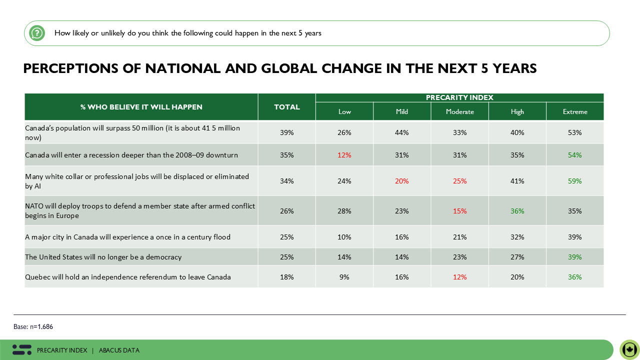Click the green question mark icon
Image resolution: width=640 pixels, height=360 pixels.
tap(36, 33)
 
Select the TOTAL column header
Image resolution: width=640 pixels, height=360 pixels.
tap(287, 107)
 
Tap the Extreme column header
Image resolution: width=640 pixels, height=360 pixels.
tap(575, 111)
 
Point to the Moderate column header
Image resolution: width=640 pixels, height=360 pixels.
tap(459, 111)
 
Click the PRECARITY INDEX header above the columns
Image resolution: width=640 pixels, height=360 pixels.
tap(459, 97)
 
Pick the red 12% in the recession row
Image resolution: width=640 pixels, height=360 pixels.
tap(344, 155)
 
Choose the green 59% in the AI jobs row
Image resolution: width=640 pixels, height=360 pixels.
tap(575, 181)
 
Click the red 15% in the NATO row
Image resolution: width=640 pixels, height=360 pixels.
tap(459, 211)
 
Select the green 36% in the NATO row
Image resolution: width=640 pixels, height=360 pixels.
tap(517, 211)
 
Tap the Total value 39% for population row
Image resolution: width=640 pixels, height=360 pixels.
tap(287, 132)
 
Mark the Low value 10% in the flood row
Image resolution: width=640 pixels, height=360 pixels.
tap(344, 237)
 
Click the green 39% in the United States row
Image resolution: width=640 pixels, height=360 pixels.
tap(575, 257)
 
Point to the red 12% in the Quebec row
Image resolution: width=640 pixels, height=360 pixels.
tap(459, 277)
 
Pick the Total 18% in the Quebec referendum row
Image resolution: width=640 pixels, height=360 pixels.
tap(287, 277)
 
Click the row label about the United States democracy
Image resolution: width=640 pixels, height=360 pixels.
tap(103, 257)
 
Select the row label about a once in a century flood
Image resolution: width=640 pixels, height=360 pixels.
tap(128, 237)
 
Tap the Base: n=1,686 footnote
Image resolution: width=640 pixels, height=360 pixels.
tap(33, 326)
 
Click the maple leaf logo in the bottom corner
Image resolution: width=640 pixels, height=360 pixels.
tap(629, 349)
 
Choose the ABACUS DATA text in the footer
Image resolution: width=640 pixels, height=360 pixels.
tap(119, 350)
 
